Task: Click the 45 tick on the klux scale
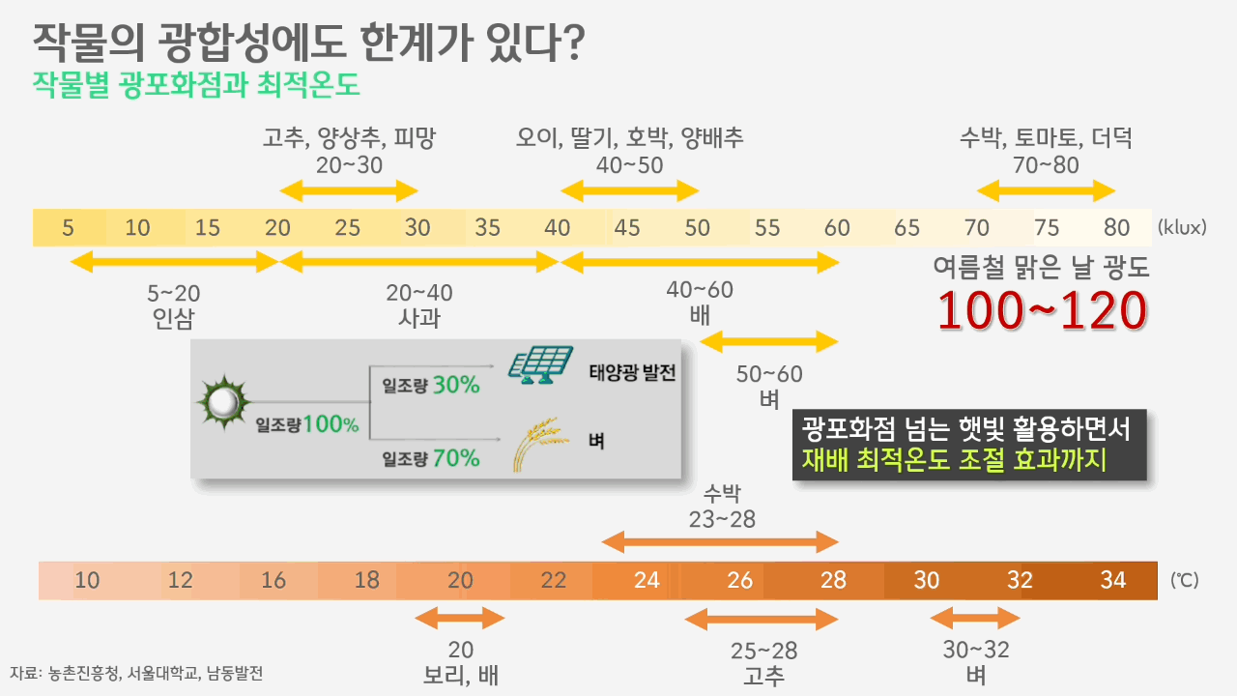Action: [x=627, y=228]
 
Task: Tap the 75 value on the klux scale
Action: [x=1047, y=228]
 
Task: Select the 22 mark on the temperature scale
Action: [x=554, y=580]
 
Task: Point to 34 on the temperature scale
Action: [x=1113, y=580]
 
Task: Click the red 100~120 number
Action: [x=1043, y=309]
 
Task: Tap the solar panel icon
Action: [x=541, y=365]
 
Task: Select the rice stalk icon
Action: [x=534, y=444]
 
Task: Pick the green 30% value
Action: [x=456, y=385]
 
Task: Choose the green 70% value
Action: [x=456, y=458]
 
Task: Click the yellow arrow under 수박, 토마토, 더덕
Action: [x=1046, y=190]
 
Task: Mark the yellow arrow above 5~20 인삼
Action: [x=174, y=261]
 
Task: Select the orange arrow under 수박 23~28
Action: [x=720, y=542]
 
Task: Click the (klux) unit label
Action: [x=1182, y=228]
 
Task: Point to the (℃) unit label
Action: [x=1184, y=581]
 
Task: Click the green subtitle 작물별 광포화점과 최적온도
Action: [x=196, y=85]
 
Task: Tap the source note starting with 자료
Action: [x=136, y=673]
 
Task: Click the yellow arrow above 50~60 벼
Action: [x=769, y=341]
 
